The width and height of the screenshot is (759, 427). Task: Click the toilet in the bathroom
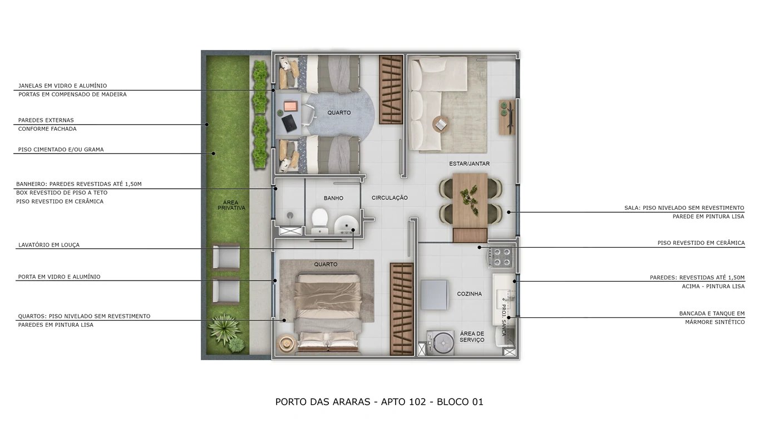tap(320, 220)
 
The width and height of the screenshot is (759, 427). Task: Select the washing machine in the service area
tap(441, 343)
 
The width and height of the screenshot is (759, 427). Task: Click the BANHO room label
tap(333, 198)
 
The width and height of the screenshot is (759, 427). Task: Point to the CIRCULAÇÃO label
tap(390, 198)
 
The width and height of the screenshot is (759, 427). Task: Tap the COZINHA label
tap(470, 293)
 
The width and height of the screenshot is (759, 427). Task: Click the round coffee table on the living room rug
tap(440, 124)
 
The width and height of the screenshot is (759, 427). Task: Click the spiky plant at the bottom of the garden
tap(225, 328)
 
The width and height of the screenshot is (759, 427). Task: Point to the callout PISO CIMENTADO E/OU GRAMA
tap(61, 149)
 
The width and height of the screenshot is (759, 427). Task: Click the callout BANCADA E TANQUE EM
tap(712, 313)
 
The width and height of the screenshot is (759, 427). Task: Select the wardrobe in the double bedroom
tap(402, 308)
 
